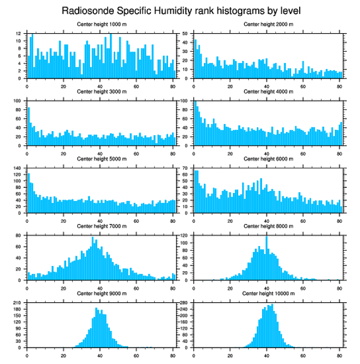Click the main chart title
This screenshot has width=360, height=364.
(181, 10)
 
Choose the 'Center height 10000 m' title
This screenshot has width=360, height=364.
(268, 294)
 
